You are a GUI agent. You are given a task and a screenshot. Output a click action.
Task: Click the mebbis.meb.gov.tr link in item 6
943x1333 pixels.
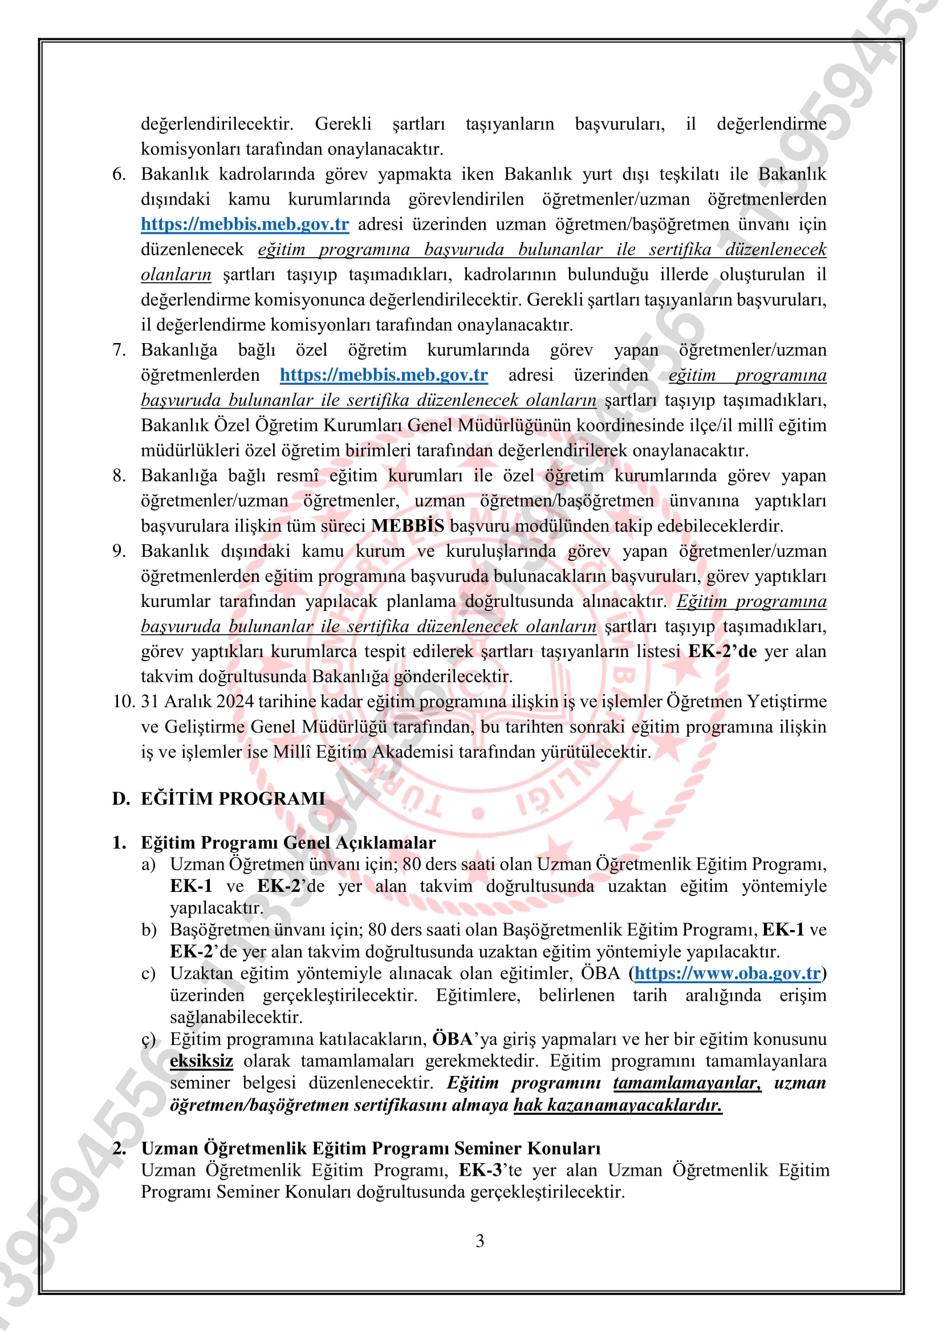245,224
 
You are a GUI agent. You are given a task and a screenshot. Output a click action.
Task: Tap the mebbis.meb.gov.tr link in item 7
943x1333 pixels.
383,374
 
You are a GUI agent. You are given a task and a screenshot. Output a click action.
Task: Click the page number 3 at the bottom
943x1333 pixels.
479,1241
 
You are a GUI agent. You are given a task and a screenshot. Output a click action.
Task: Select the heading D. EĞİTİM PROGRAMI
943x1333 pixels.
218,798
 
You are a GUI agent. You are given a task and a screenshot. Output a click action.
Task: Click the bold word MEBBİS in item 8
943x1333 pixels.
408,525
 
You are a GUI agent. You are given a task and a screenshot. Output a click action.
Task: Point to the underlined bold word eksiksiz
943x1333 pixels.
201,1061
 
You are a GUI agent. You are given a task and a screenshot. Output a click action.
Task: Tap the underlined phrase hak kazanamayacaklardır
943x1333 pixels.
617,1105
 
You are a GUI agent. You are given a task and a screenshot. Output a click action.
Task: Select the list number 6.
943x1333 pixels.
119,174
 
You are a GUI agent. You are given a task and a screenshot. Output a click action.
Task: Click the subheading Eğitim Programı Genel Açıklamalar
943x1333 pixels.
288,842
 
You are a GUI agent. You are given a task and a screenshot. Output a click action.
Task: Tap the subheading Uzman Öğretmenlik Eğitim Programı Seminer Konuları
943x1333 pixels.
371,1148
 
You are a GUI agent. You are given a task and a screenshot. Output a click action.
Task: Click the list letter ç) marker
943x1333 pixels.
149,1040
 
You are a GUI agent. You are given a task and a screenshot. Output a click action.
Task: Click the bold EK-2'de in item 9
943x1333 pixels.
722,651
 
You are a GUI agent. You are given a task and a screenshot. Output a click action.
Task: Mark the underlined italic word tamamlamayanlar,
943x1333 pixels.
687,1083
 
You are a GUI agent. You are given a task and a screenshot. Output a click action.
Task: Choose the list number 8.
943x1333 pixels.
119,475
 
